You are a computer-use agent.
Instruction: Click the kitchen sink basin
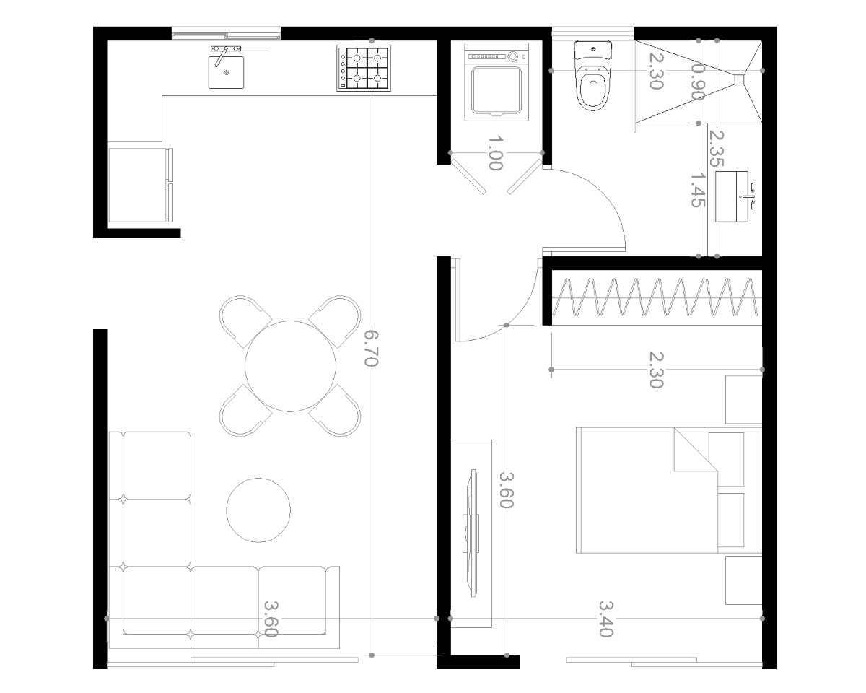(226, 72)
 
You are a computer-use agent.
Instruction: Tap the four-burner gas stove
(364, 68)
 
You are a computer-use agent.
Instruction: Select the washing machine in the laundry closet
(497, 82)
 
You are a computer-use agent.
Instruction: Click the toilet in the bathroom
(592, 75)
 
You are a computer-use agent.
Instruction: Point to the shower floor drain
(739, 79)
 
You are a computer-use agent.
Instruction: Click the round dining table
(290, 366)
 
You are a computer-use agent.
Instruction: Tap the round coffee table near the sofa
(258, 510)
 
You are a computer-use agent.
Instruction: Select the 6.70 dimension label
(371, 349)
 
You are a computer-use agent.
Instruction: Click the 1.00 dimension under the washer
(495, 153)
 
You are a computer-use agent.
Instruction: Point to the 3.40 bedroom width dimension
(606, 619)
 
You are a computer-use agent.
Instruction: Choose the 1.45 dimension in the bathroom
(698, 190)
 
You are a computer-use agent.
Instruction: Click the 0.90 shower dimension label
(698, 82)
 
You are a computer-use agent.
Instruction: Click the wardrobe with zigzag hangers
(657, 298)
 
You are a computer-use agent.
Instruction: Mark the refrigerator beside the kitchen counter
(141, 185)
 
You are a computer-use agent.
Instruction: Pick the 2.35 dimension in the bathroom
(717, 149)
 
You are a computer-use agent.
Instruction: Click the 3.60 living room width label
(271, 619)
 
